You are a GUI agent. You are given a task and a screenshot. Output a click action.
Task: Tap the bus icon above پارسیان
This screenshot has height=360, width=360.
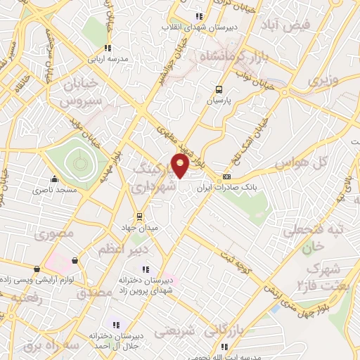point(219,89)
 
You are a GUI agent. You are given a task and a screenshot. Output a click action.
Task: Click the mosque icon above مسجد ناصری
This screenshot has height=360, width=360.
point(54,179)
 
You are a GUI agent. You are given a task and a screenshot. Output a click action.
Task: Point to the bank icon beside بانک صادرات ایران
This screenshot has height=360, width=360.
point(226,176)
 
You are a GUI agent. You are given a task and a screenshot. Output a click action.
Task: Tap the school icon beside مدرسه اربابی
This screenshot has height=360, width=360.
point(107,48)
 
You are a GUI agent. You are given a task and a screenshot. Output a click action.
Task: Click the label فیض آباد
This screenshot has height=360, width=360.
point(290,26)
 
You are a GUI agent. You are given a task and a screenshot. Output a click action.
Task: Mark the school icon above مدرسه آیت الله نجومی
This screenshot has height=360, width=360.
point(224,346)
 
